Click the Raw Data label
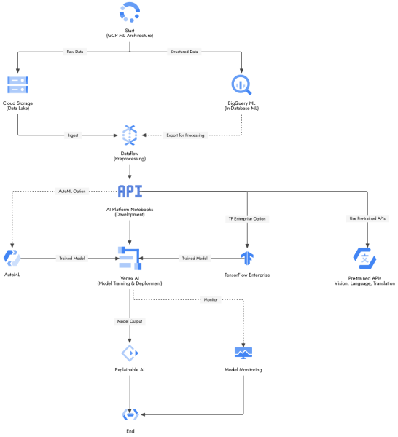click(74, 52)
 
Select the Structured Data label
click(184, 52)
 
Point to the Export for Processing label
click(184, 135)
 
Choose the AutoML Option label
click(71, 191)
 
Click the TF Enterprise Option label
click(247, 219)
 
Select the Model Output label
click(130, 321)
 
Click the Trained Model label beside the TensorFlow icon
click(195, 258)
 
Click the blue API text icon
click(130, 191)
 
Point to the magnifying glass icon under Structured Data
click(241, 84)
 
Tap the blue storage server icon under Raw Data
click(17, 84)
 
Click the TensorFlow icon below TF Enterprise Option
click(247, 258)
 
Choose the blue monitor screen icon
click(243, 353)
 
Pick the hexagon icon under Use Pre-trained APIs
click(364, 258)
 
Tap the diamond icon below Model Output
click(130, 353)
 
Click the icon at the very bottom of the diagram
click(130, 414)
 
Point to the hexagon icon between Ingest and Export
click(130, 135)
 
